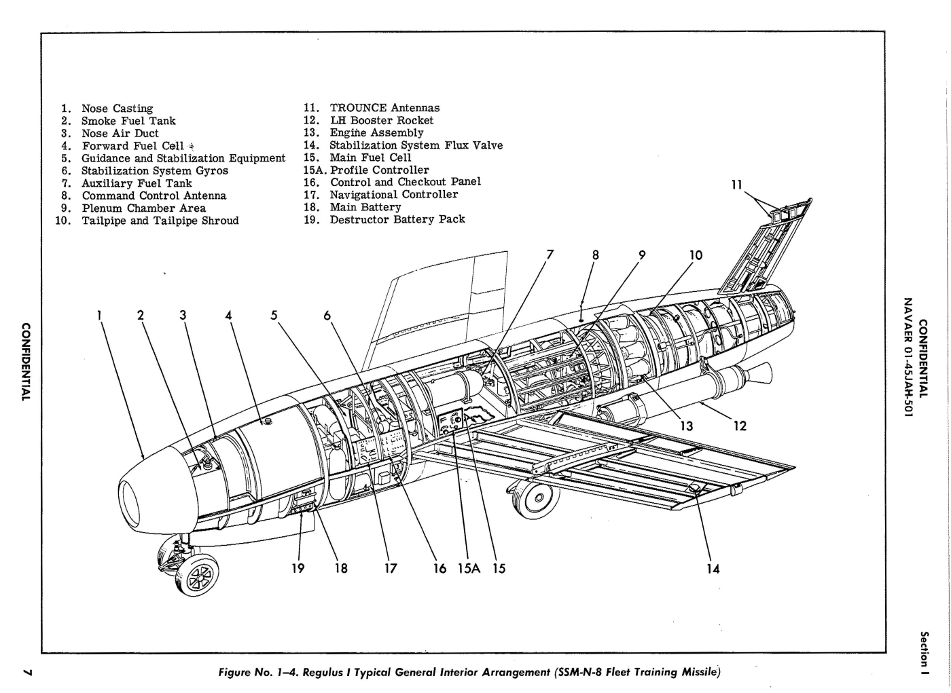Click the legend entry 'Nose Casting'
point(117,109)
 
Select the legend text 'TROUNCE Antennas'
point(384,108)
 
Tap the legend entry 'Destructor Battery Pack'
point(397,219)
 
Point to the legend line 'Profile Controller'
point(379,170)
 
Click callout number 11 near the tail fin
point(737,185)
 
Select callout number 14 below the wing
point(713,569)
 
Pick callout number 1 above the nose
point(99,315)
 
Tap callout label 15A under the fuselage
point(469,569)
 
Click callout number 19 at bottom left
point(298,569)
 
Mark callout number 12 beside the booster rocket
point(740,426)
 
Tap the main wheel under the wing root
point(537,499)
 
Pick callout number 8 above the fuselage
point(596,255)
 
